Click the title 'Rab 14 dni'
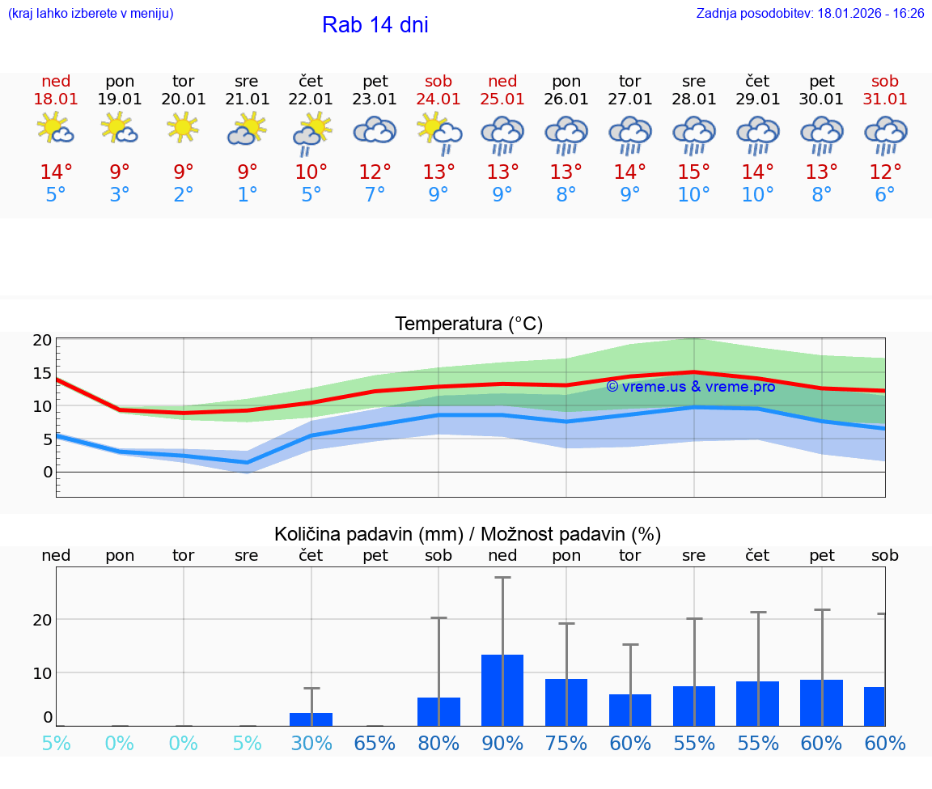click(x=375, y=25)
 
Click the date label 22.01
click(x=311, y=100)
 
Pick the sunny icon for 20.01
click(x=183, y=127)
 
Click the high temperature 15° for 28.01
click(x=693, y=172)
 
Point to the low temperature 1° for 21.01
click(x=247, y=195)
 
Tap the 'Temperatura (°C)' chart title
click(x=468, y=325)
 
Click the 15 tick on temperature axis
click(x=42, y=373)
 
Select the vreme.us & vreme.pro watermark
click(x=690, y=387)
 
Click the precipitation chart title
click(x=468, y=534)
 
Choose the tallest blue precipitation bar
click(x=502, y=689)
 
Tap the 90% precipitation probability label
click(x=502, y=743)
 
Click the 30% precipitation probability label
click(x=311, y=743)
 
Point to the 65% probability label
click(x=375, y=743)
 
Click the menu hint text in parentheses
click(x=91, y=13)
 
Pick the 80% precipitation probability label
click(x=438, y=743)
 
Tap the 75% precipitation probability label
click(x=566, y=743)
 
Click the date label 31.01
click(x=885, y=100)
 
